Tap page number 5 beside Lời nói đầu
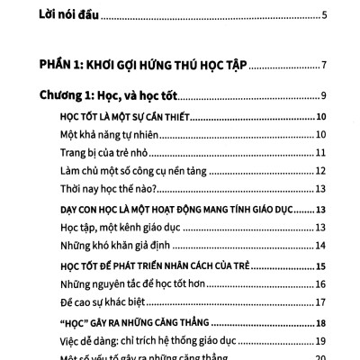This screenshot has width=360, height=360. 324,14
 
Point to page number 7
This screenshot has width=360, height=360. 324,66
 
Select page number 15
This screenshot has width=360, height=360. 321,267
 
